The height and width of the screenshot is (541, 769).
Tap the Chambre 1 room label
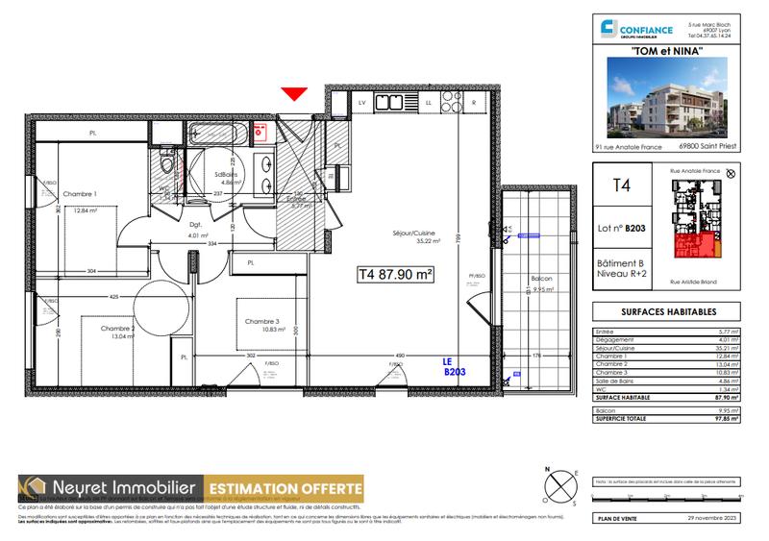pyautogui.click(x=81, y=194)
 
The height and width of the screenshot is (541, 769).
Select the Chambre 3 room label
pyautogui.click(x=262, y=321)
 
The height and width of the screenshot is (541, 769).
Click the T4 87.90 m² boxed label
pyautogui.click(x=396, y=274)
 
